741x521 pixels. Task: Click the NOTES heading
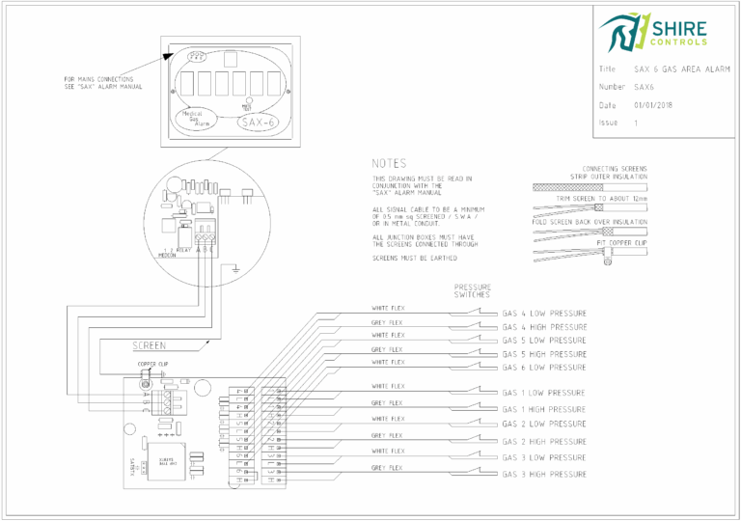(x=389, y=163)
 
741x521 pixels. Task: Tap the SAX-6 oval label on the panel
(x=259, y=123)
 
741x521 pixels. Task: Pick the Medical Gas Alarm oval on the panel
(x=199, y=120)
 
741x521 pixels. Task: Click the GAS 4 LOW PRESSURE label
(x=544, y=314)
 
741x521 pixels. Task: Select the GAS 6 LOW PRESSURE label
(x=544, y=368)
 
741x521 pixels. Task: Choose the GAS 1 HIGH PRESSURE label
(x=544, y=409)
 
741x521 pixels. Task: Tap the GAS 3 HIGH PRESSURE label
(x=544, y=475)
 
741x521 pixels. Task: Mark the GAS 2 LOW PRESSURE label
(x=544, y=424)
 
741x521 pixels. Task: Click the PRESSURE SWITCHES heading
(x=473, y=291)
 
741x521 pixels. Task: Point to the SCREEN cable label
(x=149, y=344)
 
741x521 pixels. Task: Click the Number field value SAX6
(x=645, y=87)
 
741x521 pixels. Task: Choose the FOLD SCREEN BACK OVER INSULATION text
(x=589, y=222)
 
